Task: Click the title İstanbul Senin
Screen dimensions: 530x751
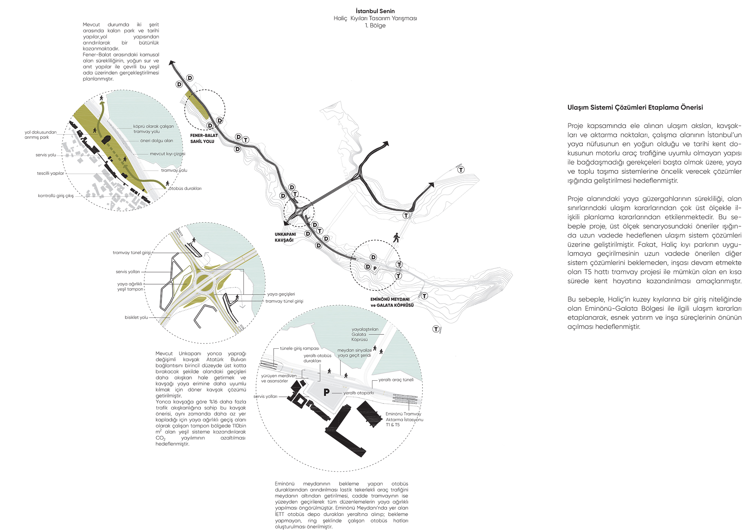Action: click(375, 11)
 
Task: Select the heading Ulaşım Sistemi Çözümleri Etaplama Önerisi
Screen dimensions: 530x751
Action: click(635, 107)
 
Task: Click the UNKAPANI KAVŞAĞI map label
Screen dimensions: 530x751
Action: click(285, 237)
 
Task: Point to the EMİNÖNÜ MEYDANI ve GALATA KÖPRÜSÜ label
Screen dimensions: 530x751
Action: click(392, 302)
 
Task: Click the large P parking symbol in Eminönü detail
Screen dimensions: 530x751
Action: click(326, 392)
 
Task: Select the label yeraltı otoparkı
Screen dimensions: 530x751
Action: click(359, 393)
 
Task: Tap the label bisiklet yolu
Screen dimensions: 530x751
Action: click(136, 318)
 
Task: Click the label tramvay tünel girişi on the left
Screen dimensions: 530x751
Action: click(131, 253)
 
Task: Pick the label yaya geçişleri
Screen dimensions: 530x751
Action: click(281, 294)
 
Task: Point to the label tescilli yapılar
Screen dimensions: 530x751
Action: click(50, 173)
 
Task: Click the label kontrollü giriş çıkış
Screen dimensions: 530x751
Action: click(56, 196)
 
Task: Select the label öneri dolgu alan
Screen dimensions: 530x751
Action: click(157, 141)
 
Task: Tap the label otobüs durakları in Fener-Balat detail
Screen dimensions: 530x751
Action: click(185, 188)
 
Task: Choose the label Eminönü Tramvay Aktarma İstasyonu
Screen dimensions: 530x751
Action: click(404, 419)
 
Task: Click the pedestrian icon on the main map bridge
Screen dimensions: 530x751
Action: click(396, 238)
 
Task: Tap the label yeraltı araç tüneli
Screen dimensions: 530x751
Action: click(396, 380)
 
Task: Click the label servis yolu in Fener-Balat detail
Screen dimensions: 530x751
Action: click(46, 155)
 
